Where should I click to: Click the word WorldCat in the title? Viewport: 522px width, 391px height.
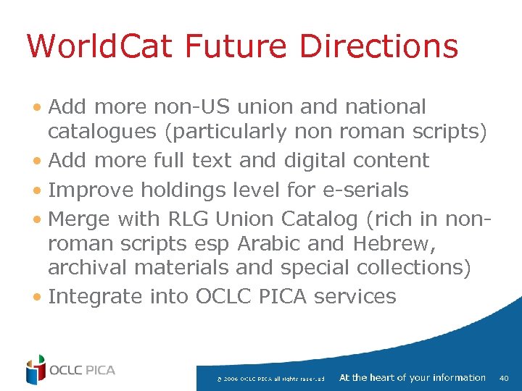click(99, 46)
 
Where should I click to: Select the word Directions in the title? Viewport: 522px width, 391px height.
click(378, 46)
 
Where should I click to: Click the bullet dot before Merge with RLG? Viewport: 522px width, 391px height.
click(36, 220)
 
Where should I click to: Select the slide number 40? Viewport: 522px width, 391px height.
click(505, 378)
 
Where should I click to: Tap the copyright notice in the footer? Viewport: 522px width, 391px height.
click(270, 379)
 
